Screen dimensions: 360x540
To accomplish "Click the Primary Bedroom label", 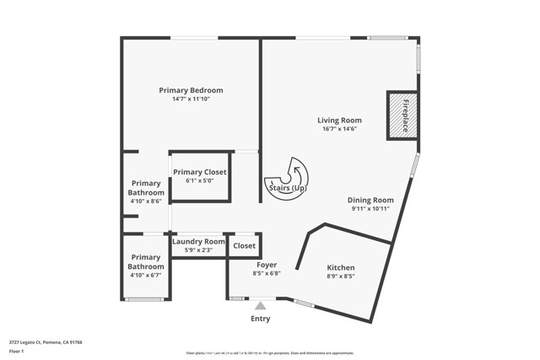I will pyautogui.click(x=191, y=90).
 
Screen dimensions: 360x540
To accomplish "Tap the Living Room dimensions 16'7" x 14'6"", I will pyautogui.click(x=339, y=128).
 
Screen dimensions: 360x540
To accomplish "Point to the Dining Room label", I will pyautogui.click(x=370, y=200).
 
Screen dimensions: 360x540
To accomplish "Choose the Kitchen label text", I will pyautogui.click(x=340, y=267).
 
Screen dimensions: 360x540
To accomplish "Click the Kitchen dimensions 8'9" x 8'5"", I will pyautogui.click(x=340, y=276).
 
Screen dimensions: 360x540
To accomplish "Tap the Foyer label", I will pyautogui.click(x=267, y=265).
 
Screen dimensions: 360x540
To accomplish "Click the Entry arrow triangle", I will pyautogui.click(x=261, y=306).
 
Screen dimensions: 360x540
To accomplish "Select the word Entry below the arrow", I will pyautogui.click(x=261, y=319).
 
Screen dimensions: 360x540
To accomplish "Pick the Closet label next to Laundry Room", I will pyautogui.click(x=244, y=245).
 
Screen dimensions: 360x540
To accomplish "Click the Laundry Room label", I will pyautogui.click(x=198, y=241).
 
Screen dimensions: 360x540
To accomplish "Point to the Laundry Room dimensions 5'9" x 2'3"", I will pyautogui.click(x=198, y=250).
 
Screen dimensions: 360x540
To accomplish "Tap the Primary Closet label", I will pyautogui.click(x=200, y=172).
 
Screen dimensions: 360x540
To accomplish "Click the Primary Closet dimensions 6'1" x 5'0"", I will pyautogui.click(x=200, y=180).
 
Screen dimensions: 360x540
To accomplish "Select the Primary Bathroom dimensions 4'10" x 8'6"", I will pyautogui.click(x=145, y=201).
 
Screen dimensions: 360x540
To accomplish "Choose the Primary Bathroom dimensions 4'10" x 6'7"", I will pyautogui.click(x=145, y=275).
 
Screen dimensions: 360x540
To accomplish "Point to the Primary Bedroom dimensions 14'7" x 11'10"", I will pyautogui.click(x=191, y=99).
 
